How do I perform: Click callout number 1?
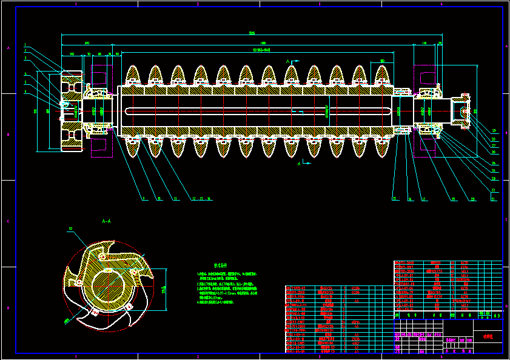pos(25,45)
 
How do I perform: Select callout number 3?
pos(25,59)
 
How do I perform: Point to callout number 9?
pos(144,198)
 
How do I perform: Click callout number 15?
pos(394,198)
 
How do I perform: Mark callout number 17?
pos(424,198)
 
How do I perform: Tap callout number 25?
pos(494,163)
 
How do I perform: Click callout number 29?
pos(494,130)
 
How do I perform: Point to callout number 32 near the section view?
pos(70,228)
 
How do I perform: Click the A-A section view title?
pos(106,221)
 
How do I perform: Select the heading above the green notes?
pos(220,265)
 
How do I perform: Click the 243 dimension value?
pos(87,43)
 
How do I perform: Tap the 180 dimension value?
pos(382,61)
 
